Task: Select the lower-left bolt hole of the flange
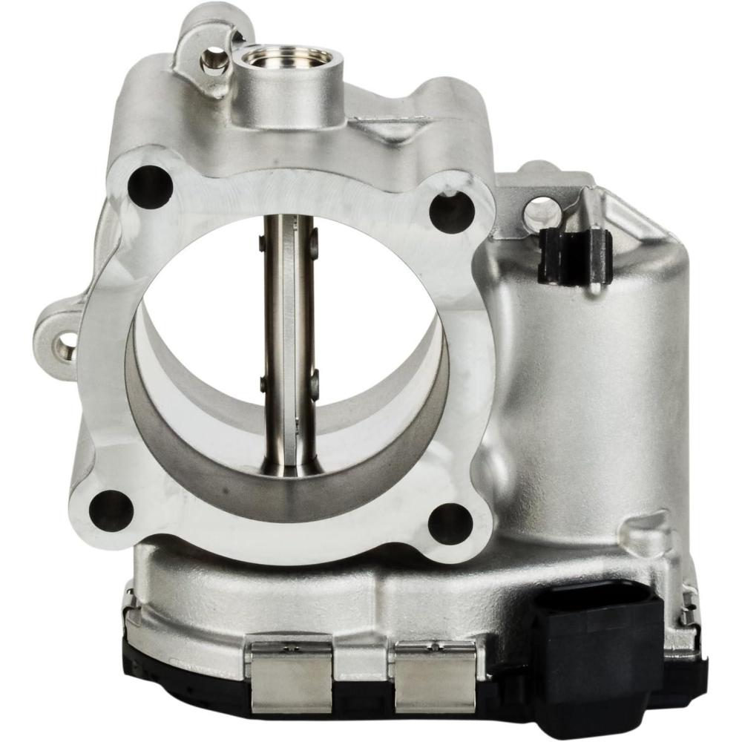point(111,510)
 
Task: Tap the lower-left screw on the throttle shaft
point(263,383)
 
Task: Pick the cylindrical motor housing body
point(586,386)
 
